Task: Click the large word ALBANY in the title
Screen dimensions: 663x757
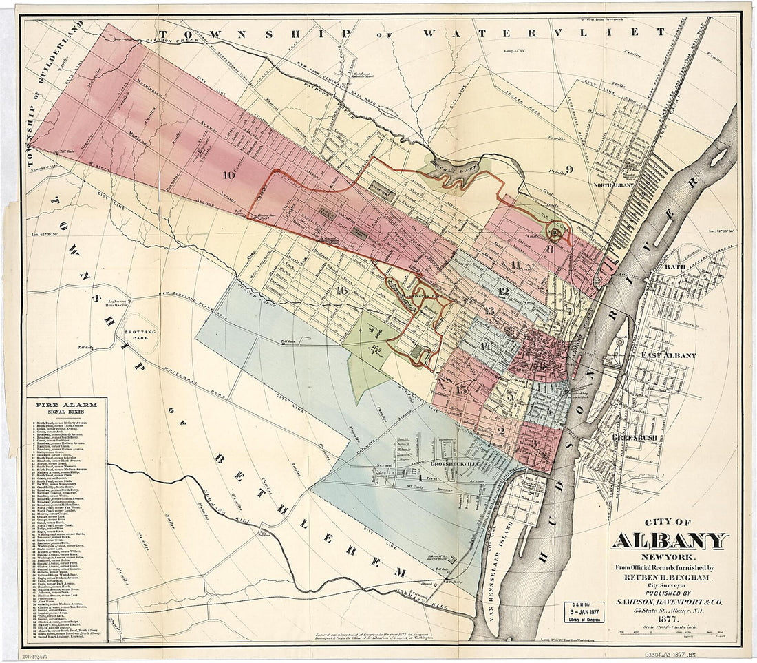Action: pos(670,541)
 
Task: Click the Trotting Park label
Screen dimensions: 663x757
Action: pos(141,336)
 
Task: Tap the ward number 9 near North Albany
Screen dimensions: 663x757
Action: pos(568,169)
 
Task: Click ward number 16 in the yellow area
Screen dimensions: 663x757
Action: pos(341,290)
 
